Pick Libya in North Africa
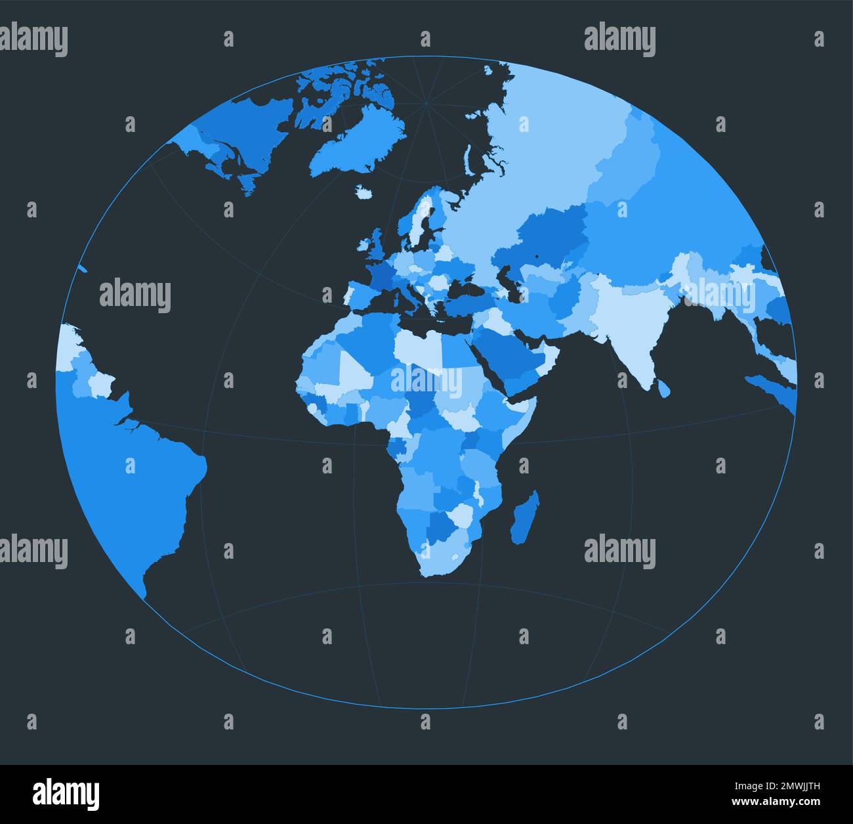(420, 345)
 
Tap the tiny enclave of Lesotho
(453, 557)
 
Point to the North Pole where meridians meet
(427, 103)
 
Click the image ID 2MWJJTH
(795, 787)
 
